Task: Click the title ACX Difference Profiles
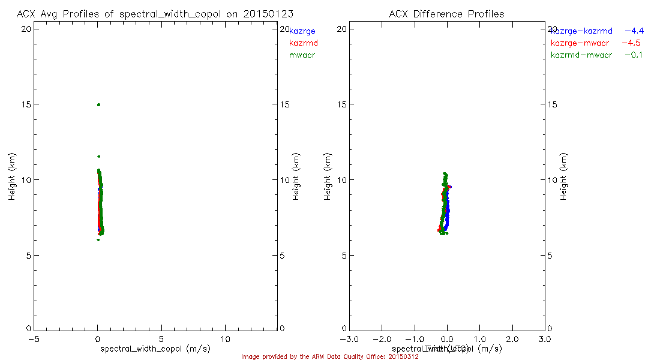point(446,14)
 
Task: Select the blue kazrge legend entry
point(302,31)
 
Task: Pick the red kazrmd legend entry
point(304,43)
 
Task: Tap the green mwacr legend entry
point(302,55)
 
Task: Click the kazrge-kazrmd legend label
point(581,31)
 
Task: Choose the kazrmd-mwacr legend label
point(581,55)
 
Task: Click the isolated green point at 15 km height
point(98,105)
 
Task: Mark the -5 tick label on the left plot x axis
point(34,339)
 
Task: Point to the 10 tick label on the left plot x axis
point(226,339)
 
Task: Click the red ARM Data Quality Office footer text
point(330,356)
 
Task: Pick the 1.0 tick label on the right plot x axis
point(479,339)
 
